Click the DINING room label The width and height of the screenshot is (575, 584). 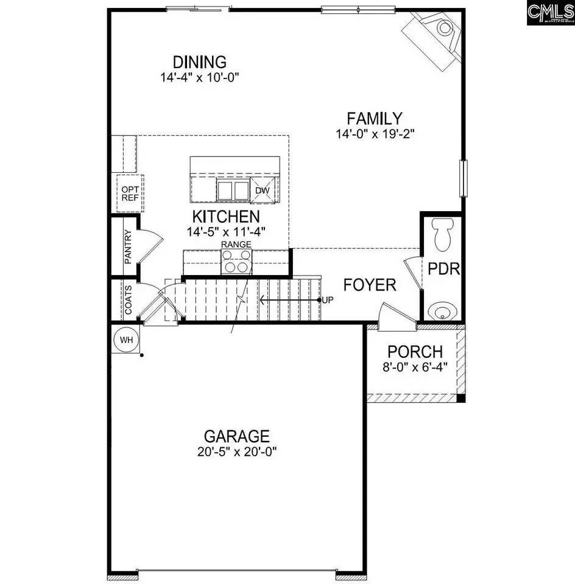[x=199, y=62]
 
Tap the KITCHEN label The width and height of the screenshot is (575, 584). [x=226, y=216]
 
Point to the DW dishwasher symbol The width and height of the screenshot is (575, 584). [x=263, y=190]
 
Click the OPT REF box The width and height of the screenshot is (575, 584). [x=129, y=193]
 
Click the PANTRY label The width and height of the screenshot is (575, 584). [x=128, y=246]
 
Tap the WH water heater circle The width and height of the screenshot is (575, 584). [x=127, y=339]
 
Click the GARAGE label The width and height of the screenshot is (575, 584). [x=236, y=436]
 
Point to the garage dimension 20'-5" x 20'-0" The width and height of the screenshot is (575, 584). [x=236, y=452]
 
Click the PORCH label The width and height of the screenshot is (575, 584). [x=415, y=352]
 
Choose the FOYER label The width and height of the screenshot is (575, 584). [x=369, y=285]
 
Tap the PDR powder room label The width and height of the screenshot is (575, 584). [x=443, y=269]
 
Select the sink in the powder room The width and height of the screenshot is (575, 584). [x=442, y=312]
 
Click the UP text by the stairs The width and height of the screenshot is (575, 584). [x=327, y=300]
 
